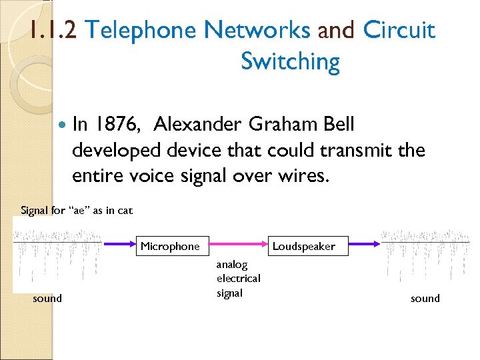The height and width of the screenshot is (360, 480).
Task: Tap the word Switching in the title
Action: pos(290,61)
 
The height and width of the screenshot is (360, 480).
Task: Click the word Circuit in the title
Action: pos(399,30)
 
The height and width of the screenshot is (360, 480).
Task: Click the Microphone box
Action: pos(170,246)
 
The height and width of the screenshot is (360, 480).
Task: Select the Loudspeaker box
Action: pos(303,246)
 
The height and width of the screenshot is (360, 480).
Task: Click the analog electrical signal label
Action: pos(238,279)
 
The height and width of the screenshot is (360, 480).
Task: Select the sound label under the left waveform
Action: pos(47,298)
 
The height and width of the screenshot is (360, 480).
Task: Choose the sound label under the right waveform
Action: pos(425,298)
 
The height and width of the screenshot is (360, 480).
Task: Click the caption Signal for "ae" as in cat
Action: pos(77,211)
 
